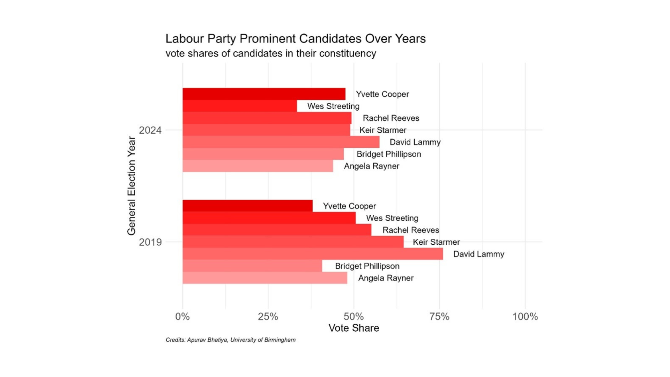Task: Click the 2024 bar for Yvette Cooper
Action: tap(264, 94)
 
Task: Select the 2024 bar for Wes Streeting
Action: tap(240, 106)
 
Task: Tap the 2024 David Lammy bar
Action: tap(281, 142)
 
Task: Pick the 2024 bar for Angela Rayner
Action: tap(258, 166)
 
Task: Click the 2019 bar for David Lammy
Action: tap(313, 254)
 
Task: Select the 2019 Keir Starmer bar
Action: tap(293, 242)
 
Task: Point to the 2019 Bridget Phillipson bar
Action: tap(252, 266)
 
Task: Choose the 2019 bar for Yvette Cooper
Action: tap(247, 206)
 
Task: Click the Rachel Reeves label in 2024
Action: tap(391, 118)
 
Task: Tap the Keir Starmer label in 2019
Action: tap(436, 242)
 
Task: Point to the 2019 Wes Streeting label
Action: tap(392, 218)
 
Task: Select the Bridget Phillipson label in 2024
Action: tap(389, 154)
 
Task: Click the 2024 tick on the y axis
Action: tap(150, 130)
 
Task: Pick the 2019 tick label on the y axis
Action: tap(150, 242)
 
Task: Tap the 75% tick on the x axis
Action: tap(439, 317)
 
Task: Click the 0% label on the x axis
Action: tap(183, 317)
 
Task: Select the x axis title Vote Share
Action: tap(353, 328)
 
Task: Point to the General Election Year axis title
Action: tap(132, 186)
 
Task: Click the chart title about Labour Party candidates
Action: tap(295, 38)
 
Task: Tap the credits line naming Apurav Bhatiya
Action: tap(230, 340)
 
